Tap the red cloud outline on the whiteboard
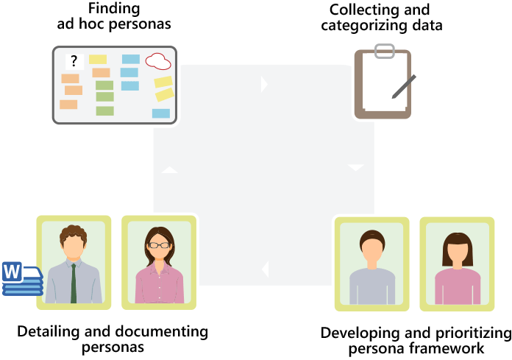158,60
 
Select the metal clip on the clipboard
383,52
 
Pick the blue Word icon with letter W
13,272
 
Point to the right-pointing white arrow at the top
264,85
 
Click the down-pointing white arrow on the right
356,168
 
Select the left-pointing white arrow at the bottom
264,269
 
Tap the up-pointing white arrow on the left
170,170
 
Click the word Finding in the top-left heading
114,9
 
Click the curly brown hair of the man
74,234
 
